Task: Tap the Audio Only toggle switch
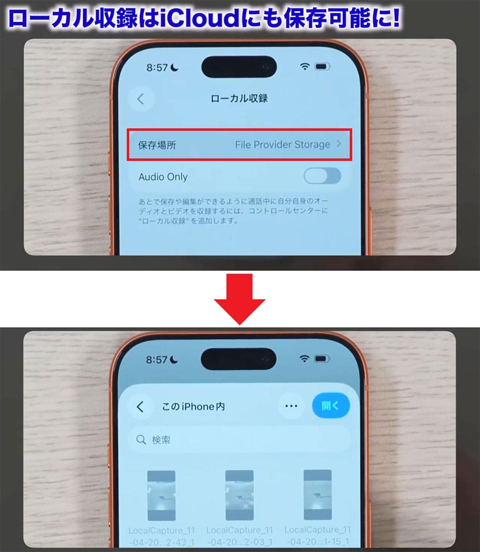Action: [x=322, y=176]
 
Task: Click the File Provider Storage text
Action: [x=282, y=145]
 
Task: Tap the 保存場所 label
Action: [x=157, y=145]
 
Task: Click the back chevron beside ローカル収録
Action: [x=140, y=99]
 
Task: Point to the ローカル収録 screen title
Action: [x=239, y=98]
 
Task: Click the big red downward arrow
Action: [x=239, y=298]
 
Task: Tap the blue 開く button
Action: [x=330, y=405]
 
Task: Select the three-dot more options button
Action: [x=291, y=406]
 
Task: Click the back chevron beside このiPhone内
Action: [x=140, y=407]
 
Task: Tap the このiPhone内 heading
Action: [x=193, y=407]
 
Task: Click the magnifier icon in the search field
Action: [x=141, y=440]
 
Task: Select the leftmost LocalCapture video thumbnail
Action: [x=161, y=496]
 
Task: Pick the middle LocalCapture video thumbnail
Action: [x=239, y=495]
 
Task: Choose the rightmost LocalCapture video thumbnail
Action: [x=318, y=495]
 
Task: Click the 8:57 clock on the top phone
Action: [x=157, y=68]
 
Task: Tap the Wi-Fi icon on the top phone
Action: [x=305, y=66]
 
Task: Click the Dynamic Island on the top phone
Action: [x=239, y=67]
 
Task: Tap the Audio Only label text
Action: [x=163, y=177]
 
